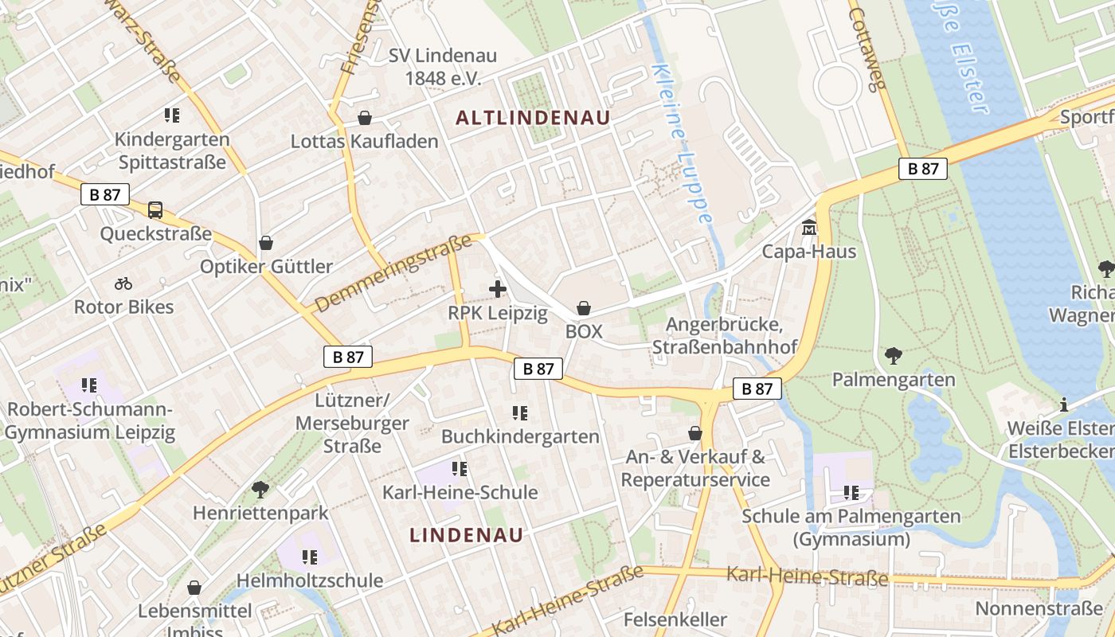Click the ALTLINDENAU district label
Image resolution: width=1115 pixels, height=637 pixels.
point(533,118)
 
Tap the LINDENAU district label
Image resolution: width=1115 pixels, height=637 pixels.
point(467,535)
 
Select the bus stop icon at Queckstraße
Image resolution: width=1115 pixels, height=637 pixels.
point(155,210)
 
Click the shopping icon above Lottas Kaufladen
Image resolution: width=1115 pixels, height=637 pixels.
point(365,118)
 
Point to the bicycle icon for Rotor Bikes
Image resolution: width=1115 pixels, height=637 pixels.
point(123,283)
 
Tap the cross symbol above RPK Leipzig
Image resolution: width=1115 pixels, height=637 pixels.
point(498,289)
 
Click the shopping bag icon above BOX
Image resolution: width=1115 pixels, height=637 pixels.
point(584,308)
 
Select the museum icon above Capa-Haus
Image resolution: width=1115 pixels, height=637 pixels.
point(809,229)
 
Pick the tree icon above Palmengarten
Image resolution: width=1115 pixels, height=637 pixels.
point(894,356)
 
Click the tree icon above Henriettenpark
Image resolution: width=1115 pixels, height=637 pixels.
point(260,489)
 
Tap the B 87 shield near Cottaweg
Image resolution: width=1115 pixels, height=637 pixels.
point(923,168)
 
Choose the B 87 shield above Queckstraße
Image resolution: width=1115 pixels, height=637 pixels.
point(105,193)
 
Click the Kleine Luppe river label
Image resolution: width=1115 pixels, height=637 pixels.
point(683,143)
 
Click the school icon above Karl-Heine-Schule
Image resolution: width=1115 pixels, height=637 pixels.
point(460,469)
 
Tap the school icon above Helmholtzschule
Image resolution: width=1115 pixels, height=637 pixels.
point(310,557)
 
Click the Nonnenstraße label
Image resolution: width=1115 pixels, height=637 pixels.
point(1039,609)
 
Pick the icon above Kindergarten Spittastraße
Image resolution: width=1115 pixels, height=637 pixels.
point(172,115)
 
